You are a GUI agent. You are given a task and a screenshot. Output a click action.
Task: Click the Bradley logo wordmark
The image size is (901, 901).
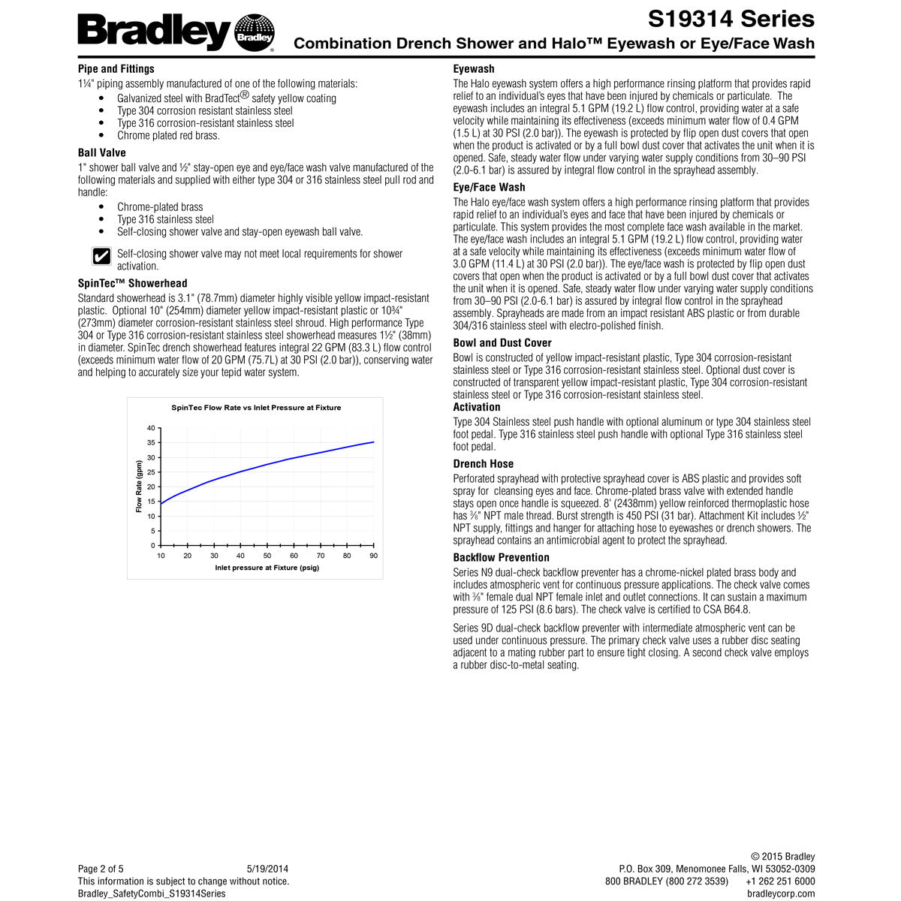(x=154, y=32)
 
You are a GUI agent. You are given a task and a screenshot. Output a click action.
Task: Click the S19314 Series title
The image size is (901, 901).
(x=731, y=18)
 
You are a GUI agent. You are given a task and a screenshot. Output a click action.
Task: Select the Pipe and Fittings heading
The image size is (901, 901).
(x=116, y=68)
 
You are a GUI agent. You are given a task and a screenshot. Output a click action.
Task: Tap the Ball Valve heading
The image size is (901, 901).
(x=102, y=152)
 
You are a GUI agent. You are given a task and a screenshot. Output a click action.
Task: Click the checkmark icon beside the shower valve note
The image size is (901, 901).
(x=101, y=257)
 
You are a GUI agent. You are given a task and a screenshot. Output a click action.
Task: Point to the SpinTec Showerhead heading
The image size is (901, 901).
(x=133, y=283)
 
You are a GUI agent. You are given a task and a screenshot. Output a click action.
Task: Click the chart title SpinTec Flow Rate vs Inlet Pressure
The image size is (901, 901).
(x=256, y=408)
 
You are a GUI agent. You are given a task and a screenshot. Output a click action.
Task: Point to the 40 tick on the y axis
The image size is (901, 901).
(x=151, y=428)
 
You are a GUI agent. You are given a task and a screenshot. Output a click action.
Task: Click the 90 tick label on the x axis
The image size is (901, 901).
(x=373, y=556)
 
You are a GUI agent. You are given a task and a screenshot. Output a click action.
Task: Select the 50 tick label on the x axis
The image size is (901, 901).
(x=267, y=556)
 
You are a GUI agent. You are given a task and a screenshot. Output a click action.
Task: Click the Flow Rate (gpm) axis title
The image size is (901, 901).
(x=139, y=487)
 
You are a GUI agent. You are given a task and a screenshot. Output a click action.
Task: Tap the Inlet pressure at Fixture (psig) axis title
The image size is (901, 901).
(x=267, y=568)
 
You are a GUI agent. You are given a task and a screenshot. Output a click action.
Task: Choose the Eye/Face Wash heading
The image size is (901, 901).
(x=489, y=187)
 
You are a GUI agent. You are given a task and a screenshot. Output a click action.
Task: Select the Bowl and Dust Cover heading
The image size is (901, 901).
(x=502, y=342)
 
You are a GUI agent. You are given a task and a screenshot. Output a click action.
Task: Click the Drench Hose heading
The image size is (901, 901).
(x=484, y=464)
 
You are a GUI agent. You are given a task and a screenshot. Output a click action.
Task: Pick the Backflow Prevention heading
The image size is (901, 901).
(x=501, y=557)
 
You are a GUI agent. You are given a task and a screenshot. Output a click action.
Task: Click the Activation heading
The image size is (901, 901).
(x=477, y=407)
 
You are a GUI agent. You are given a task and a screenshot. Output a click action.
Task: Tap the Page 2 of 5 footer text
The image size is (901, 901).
(x=101, y=869)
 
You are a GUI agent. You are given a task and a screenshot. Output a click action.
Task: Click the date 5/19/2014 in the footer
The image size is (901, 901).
(x=267, y=869)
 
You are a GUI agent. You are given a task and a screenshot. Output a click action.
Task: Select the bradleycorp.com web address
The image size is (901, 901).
(x=781, y=893)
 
